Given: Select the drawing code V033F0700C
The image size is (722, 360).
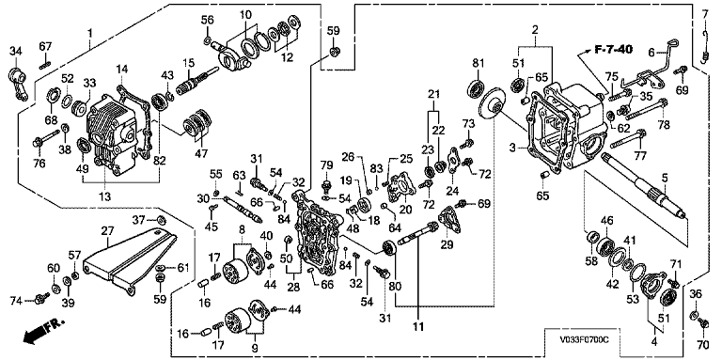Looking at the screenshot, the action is [x=583, y=339].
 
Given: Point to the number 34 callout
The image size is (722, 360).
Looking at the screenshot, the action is [x=16, y=51].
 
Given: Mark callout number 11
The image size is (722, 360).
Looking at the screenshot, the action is [x=419, y=328].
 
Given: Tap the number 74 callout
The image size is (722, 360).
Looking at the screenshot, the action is [x=17, y=301].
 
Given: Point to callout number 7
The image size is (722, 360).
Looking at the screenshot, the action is [x=705, y=14].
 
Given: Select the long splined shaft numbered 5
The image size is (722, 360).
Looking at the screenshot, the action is [x=644, y=185].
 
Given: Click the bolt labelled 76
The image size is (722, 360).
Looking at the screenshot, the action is [x=46, y=139].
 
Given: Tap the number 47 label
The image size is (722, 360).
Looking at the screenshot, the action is [x=200, y=153].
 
